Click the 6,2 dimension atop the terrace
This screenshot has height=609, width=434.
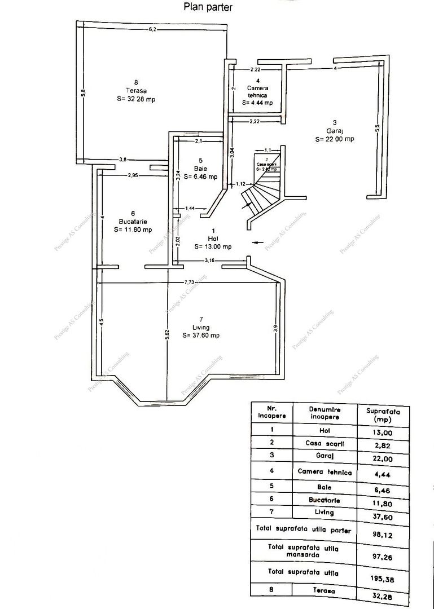pos(152,29)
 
